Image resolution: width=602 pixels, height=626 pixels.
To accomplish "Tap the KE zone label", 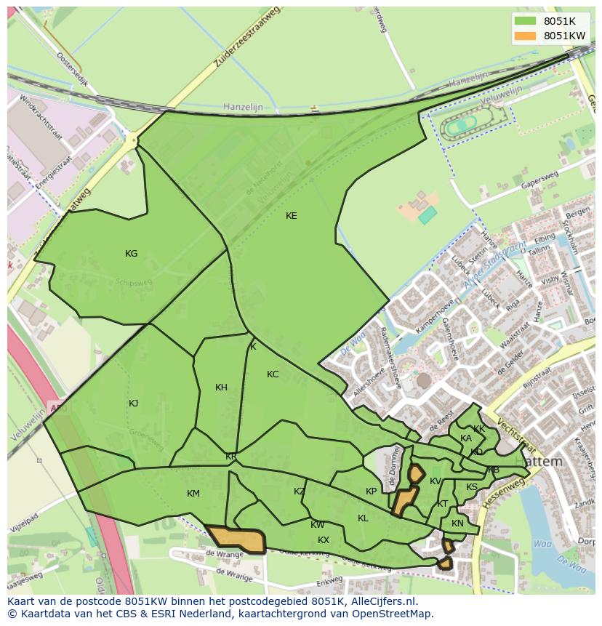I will (x=291, y=216).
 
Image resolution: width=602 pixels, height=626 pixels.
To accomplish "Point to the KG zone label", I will (x=131, y=254).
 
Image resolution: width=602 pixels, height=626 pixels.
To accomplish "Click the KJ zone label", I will (x=133, y=404).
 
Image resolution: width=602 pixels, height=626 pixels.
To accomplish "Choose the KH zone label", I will (x=221, y=388).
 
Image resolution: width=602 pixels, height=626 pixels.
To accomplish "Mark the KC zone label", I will (x=273, y=374).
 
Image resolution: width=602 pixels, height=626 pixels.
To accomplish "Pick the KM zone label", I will (x=193, y=494).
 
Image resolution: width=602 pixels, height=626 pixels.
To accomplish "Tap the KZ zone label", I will (x=300, y=491).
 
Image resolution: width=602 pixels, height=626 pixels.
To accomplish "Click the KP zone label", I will (x=371, y=491).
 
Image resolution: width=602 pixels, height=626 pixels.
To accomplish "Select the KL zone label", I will (x=363, y=518).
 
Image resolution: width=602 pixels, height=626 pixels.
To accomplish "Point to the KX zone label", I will (x=324, y=540).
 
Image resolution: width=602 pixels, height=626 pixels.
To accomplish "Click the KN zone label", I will (x=457, y=523).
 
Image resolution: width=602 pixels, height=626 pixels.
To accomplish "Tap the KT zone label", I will (x=442, y=504).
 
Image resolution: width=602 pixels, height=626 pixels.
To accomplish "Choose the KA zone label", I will (x=466, y=438).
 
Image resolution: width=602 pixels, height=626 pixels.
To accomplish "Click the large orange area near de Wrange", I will (x=236, y=539).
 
